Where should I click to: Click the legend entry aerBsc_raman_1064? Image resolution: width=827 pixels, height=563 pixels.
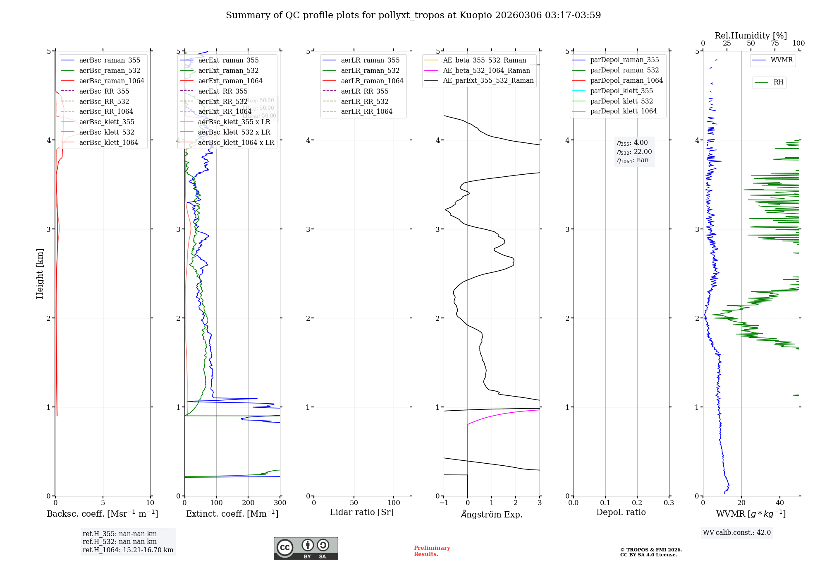tap(112, 81)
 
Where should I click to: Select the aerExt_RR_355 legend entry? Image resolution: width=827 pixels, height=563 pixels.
tap(223, 91)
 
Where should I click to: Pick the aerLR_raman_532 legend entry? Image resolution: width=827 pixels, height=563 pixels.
tap(370, 71)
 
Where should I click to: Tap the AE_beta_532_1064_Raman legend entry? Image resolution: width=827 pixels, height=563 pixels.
tap(486, 70)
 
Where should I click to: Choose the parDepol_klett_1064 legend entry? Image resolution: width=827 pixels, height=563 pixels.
tap(624, 111)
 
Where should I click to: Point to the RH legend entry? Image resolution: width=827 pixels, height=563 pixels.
tap(778, 82)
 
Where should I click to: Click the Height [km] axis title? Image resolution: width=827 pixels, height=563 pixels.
tap(40, 274)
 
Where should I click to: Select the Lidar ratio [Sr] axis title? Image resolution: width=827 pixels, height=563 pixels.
tap(362, 512)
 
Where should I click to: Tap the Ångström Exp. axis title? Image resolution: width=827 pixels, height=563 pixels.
tap(492, 514)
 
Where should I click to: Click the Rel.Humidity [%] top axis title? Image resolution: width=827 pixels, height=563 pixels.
tap(751, 36)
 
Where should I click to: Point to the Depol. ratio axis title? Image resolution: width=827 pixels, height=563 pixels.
tap(621, 512)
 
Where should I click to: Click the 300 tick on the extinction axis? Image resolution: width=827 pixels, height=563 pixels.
tap(280, 503)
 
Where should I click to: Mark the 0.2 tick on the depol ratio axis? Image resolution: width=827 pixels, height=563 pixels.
tap(637, 503)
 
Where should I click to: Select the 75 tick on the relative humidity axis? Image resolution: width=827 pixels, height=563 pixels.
tap(774, 43)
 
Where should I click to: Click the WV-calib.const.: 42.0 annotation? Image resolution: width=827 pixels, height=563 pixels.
tap(737, 532)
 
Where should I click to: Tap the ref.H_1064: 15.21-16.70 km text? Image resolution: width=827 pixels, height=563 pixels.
tap(128, 550)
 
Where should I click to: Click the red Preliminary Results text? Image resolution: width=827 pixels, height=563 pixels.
tap(432, 551)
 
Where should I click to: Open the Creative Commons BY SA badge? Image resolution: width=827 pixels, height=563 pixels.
tap(306, 548)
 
